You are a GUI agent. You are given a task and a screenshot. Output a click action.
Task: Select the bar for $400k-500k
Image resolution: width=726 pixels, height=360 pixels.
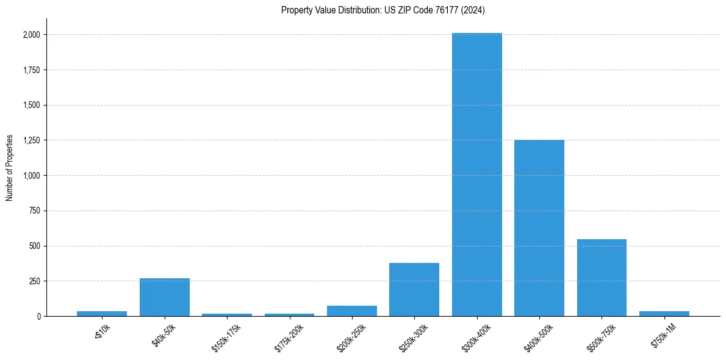coord(539,228)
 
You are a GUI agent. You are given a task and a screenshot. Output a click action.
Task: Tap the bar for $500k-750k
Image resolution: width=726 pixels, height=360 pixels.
coord(602,278)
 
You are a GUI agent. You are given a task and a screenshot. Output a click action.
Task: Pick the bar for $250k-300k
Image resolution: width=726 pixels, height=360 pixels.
coord(414,289)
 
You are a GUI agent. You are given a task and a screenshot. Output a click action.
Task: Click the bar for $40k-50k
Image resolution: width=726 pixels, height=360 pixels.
coord(165,297)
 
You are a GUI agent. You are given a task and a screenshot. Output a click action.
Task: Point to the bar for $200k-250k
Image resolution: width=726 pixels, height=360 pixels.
coord(352,311)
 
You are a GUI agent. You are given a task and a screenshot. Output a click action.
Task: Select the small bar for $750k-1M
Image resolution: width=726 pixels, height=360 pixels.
coord(664,314)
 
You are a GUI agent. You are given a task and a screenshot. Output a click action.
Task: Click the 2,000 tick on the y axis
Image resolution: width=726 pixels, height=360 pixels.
coord(32,35)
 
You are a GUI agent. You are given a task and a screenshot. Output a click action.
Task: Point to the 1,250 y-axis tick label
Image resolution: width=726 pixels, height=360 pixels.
coord(32,140)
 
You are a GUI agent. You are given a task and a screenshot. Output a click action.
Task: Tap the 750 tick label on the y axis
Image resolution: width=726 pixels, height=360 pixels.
coord(35,211)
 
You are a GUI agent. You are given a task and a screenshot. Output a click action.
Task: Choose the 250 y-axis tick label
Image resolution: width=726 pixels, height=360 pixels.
coord(35,281)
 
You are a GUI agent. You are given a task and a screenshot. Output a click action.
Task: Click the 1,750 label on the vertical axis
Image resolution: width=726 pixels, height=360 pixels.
coord(32,70)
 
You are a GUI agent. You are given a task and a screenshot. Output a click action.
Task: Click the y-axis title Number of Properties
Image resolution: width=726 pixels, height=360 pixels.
coord(10,167)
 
